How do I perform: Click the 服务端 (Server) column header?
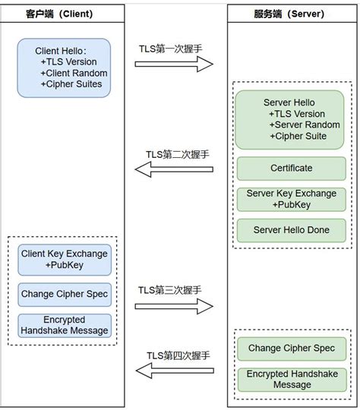292,14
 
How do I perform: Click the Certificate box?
292,168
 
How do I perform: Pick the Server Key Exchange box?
292,199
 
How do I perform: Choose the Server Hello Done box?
292,230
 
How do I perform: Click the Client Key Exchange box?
65,259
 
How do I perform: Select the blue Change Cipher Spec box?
65,294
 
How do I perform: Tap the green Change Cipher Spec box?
292,348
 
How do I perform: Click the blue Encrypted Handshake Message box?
65,325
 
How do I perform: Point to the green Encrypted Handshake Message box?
292,379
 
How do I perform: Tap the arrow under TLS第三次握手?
174,307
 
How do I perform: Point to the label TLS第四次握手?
178,355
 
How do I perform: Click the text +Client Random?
74,73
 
